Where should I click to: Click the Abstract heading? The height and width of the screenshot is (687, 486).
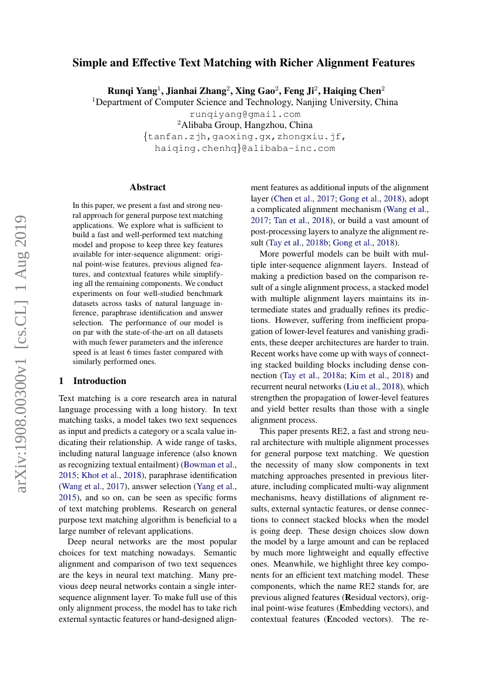(148, 187)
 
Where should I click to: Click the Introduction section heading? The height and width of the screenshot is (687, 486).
(99, 380)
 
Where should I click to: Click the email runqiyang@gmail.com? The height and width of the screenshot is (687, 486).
(245, 114)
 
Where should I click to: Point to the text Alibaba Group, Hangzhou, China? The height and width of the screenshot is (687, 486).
(245, 125)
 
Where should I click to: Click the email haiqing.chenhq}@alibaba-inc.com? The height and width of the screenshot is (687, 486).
(245, 149)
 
